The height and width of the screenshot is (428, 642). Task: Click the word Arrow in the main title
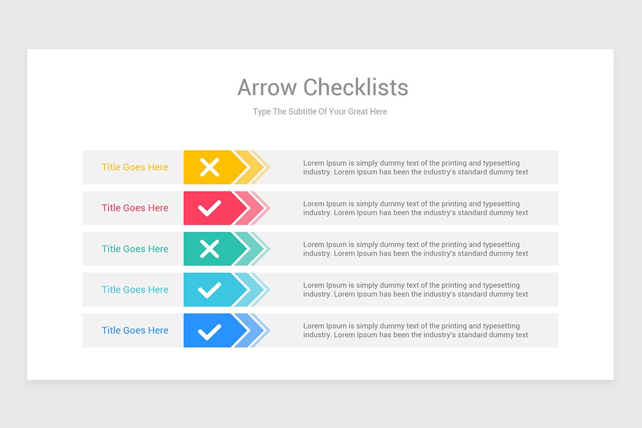click(x=267, y=87)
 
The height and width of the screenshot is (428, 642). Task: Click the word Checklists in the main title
click(x=356, y=87)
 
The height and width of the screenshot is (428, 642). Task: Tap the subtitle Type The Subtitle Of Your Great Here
click(x=320, y=112)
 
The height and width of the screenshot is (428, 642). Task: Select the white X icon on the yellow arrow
click(x=210, y=167)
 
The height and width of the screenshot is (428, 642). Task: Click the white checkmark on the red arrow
click(x=210, y=208)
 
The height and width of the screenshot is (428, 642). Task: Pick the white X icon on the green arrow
click(x=210, y=249)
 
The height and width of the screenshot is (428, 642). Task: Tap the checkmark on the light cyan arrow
click(x=210, y=290)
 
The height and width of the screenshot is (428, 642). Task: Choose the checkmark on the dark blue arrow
click(x=210, y=331)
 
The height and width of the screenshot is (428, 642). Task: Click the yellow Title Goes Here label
click(x=135, y=167)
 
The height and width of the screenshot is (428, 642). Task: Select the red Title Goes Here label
click(x=135, y=208)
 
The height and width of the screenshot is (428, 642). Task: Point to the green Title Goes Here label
click(x=135, y=249)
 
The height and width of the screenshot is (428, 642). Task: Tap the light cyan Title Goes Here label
click(x=135, y=290)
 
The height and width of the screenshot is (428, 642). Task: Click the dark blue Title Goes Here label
click(x=135, y=331)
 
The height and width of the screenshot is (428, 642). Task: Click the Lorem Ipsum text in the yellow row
click(x=416, y=167)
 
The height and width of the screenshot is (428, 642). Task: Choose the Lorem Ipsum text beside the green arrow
click(x=416, y=249)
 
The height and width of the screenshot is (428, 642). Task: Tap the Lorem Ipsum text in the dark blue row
click(x=416, y=331)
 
